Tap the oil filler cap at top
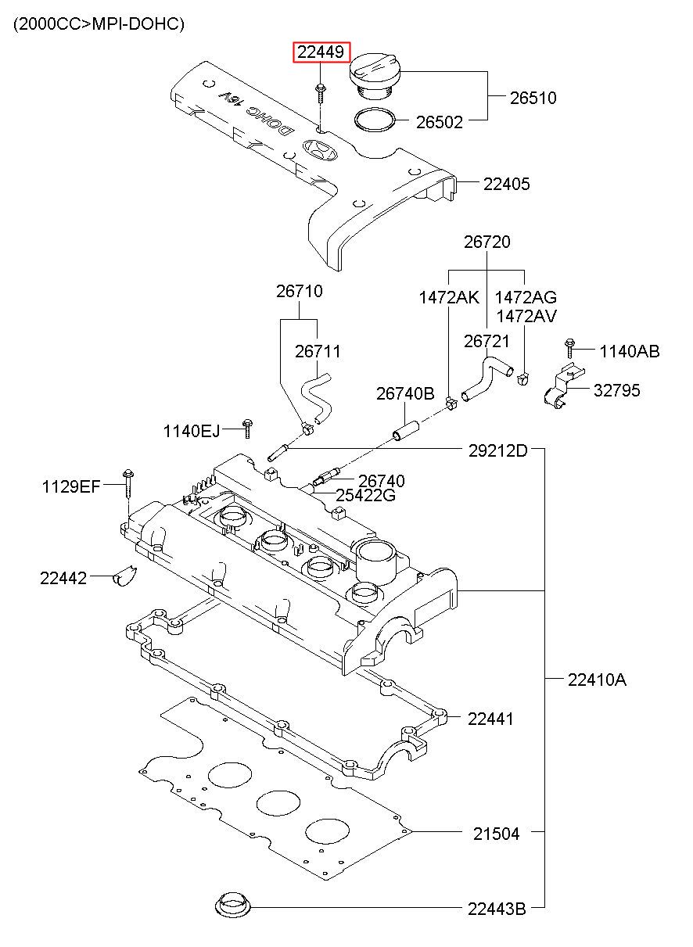click(x=375, y=77)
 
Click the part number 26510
click(x=533, y=98)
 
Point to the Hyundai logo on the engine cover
click(x=321, y=150)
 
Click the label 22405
click(x=506, y=184)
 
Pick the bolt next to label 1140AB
click(x=570, y=348)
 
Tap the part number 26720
click(x=487, y=242)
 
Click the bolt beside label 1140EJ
click(x=247, y=429)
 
